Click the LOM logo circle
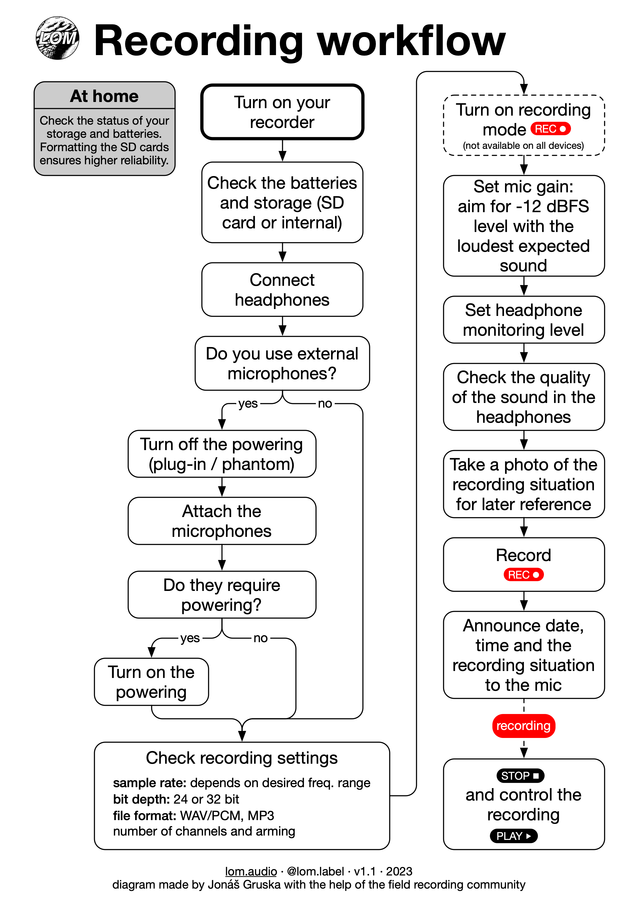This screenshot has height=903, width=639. (57, 38)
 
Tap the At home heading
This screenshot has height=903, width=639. (104, 96)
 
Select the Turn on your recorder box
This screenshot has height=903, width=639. (282, 112)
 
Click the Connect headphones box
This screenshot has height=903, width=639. (282, 289)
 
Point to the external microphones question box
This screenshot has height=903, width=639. (282, 363)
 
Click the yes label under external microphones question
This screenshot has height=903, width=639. (248, 404)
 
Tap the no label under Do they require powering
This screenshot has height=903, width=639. (260, 638)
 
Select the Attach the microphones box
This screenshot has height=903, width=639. (222, 521)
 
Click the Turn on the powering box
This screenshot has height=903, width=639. (152, 682)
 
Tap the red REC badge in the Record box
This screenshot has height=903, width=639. (524, 575)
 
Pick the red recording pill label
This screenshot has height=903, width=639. (524, 726)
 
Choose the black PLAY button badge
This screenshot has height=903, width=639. (514, 836)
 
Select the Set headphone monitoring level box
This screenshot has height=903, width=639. (524, 320)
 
